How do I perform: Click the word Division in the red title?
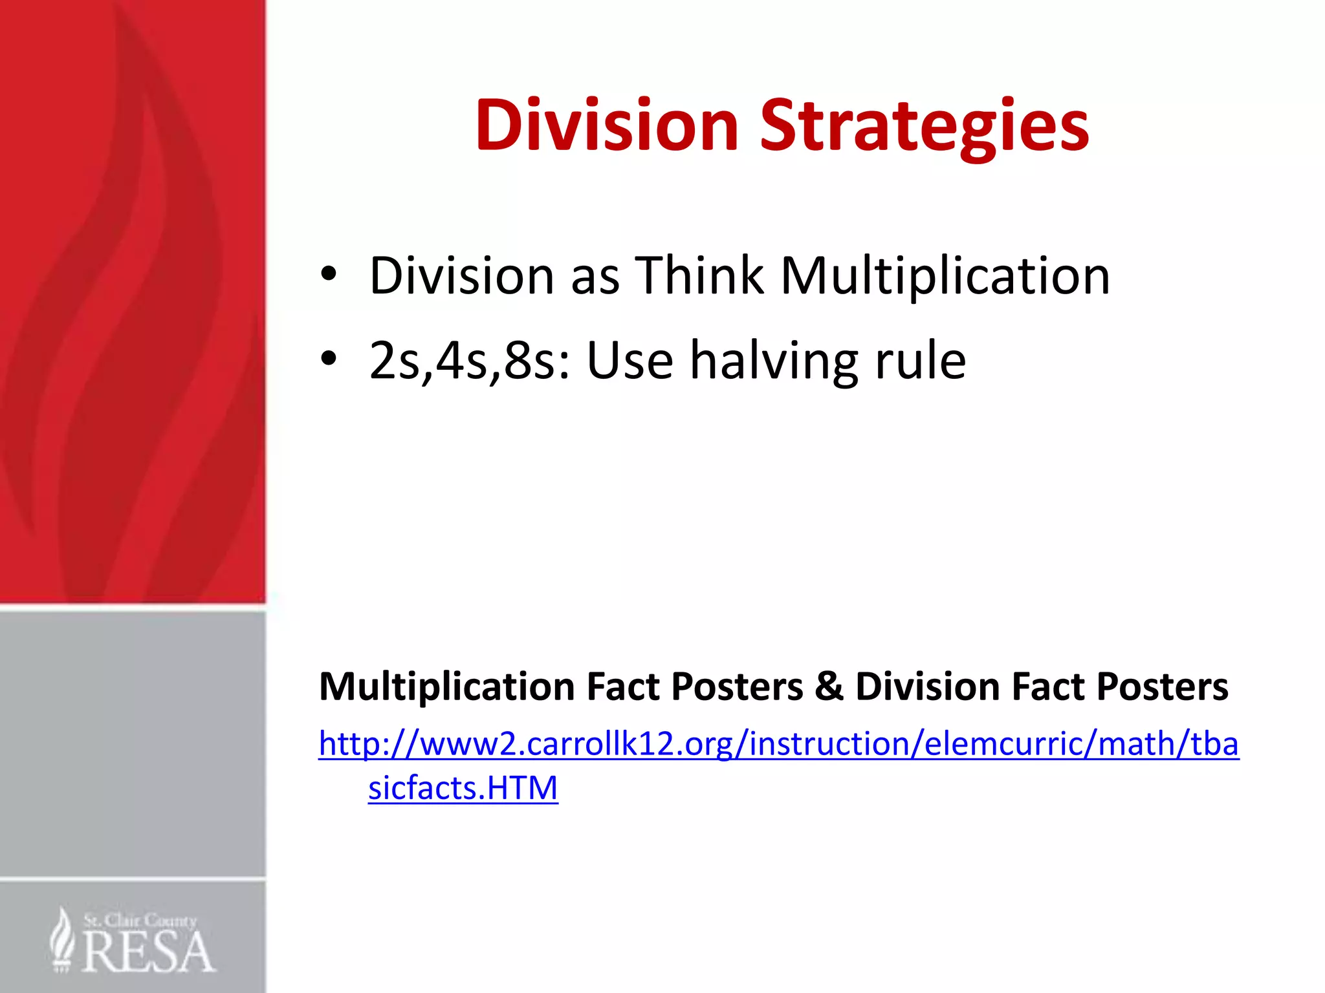tap(606, 125)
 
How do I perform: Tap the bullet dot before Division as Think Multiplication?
tap(329, 274)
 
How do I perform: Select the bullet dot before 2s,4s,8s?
tap(329, 358)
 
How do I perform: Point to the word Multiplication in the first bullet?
tap(945, 275)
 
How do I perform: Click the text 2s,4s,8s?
tap(470, 361)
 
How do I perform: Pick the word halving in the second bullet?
tap(774, 361)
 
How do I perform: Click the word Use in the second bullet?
tap(630, 361)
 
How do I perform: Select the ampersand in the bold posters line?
tap(829, 686)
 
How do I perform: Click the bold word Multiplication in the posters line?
tap(447, 687)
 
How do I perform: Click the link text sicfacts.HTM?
tap(463, 788)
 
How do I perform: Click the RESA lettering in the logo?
tap(148, 952)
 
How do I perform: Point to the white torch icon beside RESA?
tap(62, 940)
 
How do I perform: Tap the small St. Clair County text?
tap(140, 920)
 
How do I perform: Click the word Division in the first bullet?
tap(461, 275)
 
